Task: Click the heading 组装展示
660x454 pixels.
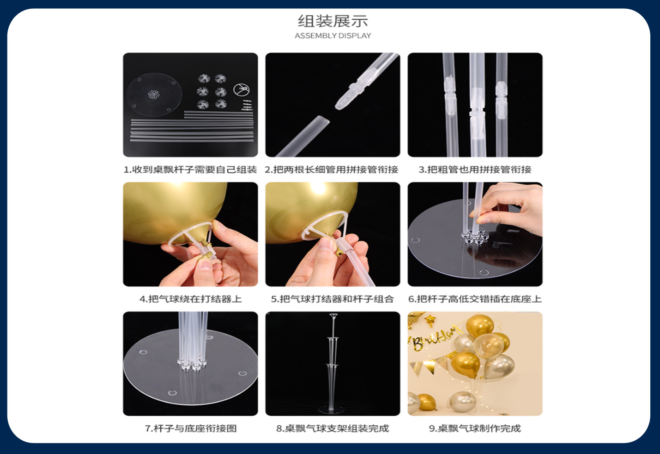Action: coord(333,21)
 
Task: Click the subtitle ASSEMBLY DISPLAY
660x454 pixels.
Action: coord(333,36)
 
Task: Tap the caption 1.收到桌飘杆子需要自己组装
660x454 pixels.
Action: coord(190,170)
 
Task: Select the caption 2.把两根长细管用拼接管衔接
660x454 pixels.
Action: coord(331,170)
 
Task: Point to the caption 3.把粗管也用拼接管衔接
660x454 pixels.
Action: coord(475,170)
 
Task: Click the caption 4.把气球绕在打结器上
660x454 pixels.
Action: coord(191,299)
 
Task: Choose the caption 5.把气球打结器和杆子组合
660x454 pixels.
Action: coord(332,299)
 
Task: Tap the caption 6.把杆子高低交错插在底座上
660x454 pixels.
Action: coord(475,299)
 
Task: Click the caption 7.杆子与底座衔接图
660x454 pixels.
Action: coord(191,428)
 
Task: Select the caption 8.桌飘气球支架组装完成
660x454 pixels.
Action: coord(332,428)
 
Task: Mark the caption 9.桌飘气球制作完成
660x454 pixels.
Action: coord(475,428)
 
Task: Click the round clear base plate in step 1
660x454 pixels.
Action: coord(154,94)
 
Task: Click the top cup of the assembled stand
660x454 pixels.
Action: coord(333,315)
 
